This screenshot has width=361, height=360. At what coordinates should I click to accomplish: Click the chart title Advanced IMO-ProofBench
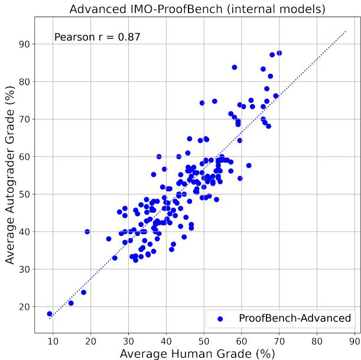click(x=197, y=9)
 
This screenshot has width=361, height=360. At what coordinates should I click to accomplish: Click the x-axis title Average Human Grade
click(x=197, y=353)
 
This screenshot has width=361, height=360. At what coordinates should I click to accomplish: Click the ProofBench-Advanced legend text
click(x=294, y=319)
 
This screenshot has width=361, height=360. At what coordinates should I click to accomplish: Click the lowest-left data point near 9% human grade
click(x=50, y=314)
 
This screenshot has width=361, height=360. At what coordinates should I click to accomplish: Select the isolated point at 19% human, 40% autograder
click(x=87, y=232)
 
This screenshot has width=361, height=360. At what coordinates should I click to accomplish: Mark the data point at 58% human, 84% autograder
click(x=235, y=67)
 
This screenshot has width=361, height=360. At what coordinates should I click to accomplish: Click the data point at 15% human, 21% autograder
click(x=71, y=303)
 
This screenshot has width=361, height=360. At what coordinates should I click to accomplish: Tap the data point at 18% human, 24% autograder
click(x=83, y=293)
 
